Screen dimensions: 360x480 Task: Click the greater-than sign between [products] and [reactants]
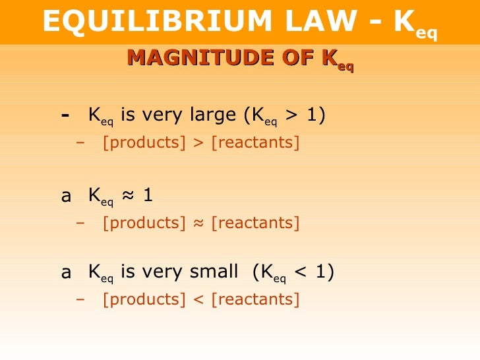click(198, 142)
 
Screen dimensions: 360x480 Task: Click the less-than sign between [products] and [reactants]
click(198, 299)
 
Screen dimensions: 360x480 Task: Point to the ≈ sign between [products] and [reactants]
click(198, 223)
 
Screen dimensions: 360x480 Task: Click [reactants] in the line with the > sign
click(255, 142)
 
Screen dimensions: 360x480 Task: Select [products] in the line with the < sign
click(144, 299)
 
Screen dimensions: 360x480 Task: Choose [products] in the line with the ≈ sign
click(144, 223)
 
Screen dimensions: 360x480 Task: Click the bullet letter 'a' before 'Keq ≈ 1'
click(66, 196)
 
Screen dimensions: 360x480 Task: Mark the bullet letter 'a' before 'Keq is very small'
click(66, 272)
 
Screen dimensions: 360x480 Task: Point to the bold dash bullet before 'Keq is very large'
click(65, 115)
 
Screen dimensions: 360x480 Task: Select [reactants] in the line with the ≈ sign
click(255, 223)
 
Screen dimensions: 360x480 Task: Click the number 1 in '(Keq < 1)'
click(322, 271)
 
